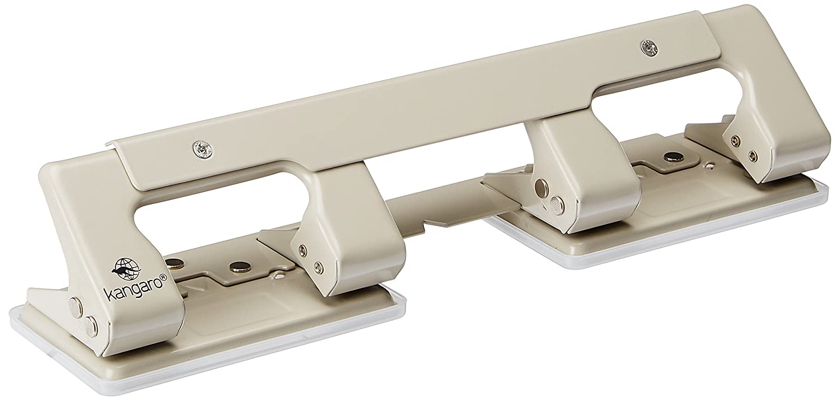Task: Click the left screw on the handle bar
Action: click(202, 150)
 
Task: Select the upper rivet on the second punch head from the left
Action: click(302, 249)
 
